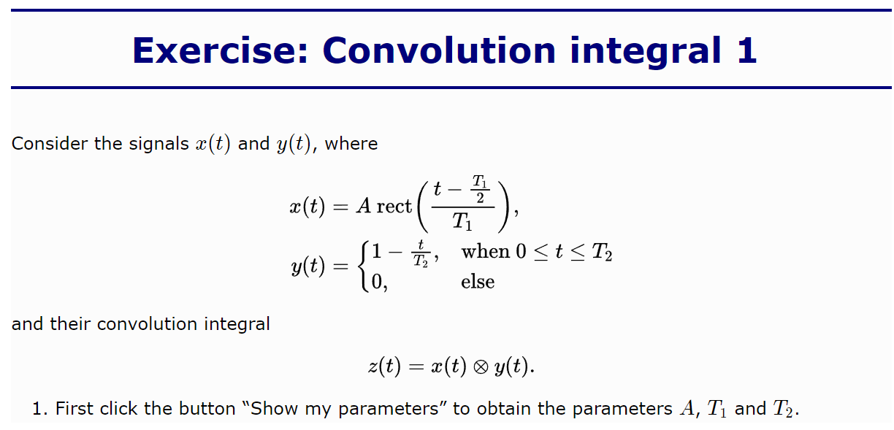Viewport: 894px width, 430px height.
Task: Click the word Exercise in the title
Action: [x=221, y=50]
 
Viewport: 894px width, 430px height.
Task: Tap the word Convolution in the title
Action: [x=439, y=50]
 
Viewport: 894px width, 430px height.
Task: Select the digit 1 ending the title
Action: [x=746, y=50]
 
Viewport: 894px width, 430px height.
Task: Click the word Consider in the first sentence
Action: [x=50, y=144]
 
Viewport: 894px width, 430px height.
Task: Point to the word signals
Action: [x=158, y=144]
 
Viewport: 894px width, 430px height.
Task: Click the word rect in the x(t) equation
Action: [x=394, y=206]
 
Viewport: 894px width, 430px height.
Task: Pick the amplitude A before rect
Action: [x=363, y=206]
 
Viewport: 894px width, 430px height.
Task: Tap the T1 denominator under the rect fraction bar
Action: [x=462, y=221]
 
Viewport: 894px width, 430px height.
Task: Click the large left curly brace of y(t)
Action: [x=363, y=266]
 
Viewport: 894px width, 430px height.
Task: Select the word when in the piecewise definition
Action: [x=485, y=251]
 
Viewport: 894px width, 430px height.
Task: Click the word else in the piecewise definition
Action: [x=478, y=282]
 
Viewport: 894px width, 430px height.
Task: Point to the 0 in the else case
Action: [x=376, y=282]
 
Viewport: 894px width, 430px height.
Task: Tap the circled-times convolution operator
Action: [x=481, y=366]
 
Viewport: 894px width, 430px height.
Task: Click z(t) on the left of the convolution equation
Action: [x=384, y=366]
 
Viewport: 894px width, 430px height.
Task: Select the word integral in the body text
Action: [x=237, y=324]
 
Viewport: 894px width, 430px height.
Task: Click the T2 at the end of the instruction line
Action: [x=783, y=408]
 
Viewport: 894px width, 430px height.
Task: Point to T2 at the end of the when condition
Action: [x=602, y=252]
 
